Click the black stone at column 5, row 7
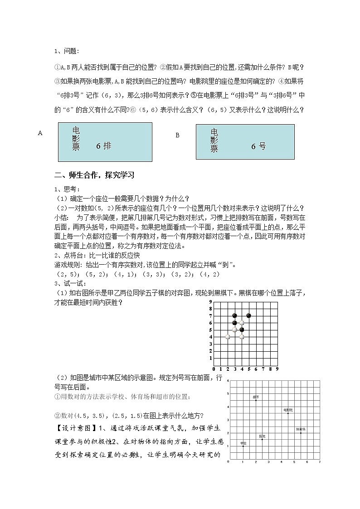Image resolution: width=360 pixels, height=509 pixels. click(248, 315)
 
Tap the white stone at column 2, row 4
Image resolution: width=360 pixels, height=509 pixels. click(228, 337)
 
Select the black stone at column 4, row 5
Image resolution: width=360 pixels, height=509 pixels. click(242, 330)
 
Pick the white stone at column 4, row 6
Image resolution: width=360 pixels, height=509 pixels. click(242, 323)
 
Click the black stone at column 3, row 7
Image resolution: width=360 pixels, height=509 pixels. click(234, 315)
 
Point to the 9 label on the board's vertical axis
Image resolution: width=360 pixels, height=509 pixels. click(210, 301)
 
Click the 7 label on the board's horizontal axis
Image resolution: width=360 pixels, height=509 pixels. click(263, 369)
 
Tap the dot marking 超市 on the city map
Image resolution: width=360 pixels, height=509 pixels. click(256, 400)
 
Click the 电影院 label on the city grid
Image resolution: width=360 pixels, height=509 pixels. click(288, 410)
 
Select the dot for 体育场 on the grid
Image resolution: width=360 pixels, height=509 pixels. click(301, 433)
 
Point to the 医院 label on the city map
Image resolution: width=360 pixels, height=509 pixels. click(262, 436)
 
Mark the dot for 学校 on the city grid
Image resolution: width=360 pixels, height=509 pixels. click(243, 446)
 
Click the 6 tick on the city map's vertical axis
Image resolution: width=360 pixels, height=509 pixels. click(228, 382)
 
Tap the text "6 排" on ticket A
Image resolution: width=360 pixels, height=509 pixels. click(103, 146)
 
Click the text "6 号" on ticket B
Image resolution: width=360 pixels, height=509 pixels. click(258, 146)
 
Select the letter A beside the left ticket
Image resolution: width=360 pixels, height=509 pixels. click(40, 133)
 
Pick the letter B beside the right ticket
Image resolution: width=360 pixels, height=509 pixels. click(178, 135)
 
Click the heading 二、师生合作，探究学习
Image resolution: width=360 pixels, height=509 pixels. click(94, 175)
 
